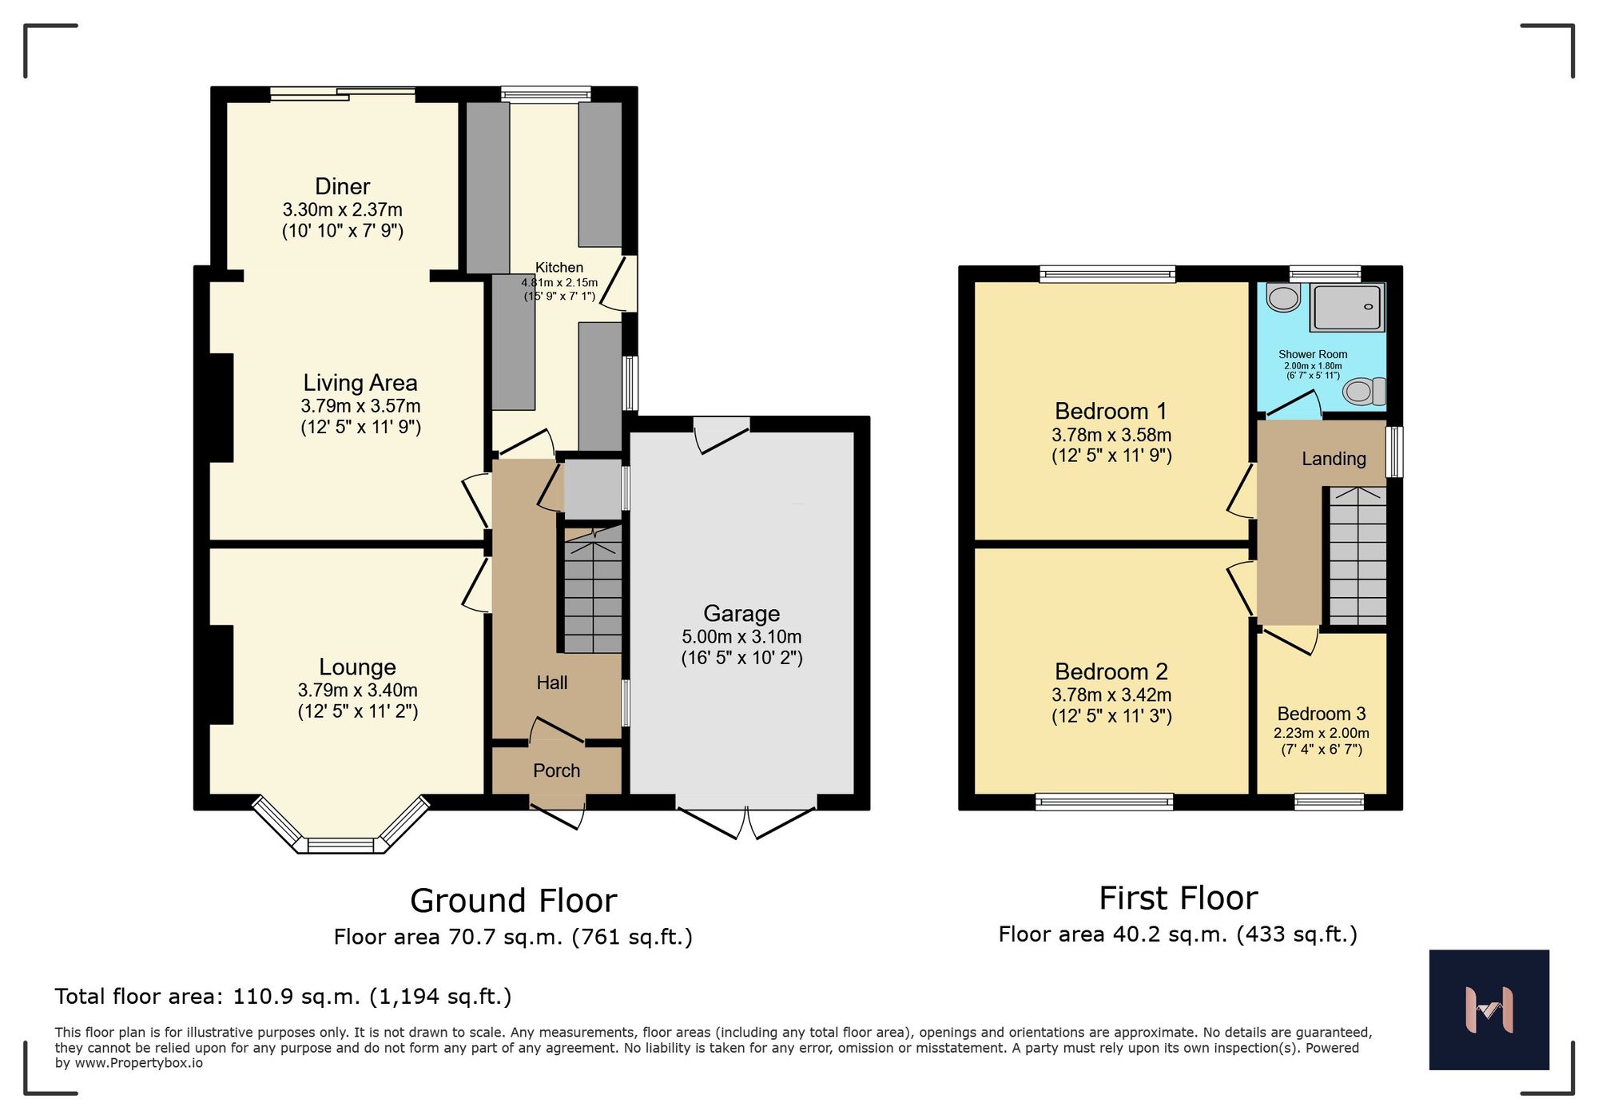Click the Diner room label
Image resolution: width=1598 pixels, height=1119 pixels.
342,186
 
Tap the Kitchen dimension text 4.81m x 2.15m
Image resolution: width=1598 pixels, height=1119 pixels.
559,282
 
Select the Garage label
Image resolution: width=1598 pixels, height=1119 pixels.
741,613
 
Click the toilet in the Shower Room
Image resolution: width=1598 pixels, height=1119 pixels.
1363,392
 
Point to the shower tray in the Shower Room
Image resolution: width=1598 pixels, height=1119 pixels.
1347,308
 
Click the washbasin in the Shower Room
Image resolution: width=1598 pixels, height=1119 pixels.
1283,298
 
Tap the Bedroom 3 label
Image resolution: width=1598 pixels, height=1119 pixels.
1322,714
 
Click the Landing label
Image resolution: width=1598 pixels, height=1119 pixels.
1334,459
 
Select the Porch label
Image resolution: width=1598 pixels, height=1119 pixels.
556,771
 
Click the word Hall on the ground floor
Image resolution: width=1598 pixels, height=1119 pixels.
552,683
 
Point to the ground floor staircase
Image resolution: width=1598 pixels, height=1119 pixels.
593,591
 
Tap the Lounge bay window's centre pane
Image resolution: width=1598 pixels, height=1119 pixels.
341,845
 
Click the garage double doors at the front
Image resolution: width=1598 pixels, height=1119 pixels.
746,823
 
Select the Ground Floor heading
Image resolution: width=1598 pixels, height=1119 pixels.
513,901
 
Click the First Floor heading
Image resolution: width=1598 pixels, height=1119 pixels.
1178,898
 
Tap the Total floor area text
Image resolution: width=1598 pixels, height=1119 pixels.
283,997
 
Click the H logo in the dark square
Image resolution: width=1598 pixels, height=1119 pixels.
1489,1009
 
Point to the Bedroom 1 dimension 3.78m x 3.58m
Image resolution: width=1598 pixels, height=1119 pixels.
1111,436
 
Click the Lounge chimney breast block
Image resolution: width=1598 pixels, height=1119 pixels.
221,675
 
